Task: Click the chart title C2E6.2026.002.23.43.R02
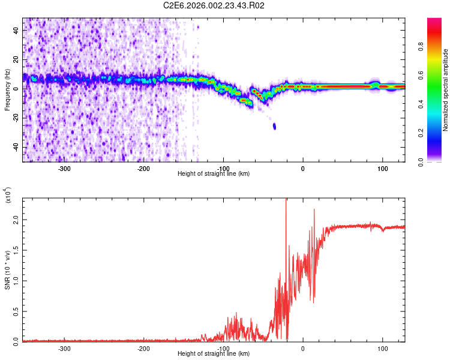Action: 214,5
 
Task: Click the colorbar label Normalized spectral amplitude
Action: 446,90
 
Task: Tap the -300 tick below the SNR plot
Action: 64,348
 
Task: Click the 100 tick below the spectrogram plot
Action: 382,168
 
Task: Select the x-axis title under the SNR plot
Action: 214,354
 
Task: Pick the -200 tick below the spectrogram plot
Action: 143,168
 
